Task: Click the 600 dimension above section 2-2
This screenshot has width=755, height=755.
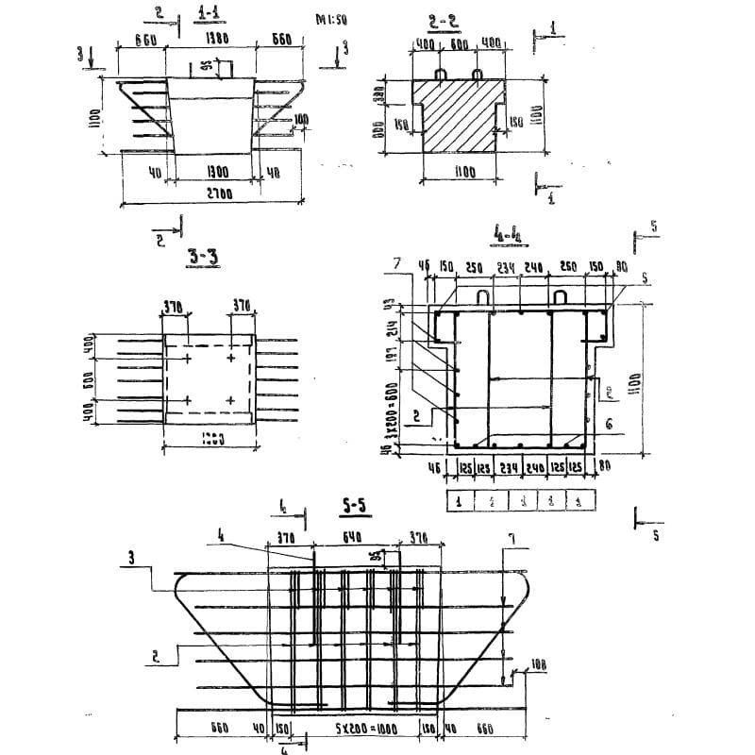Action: (x=460, y=44)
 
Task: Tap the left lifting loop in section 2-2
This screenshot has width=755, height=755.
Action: (x=441, y=74)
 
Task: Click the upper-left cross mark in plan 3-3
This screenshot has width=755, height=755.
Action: (x=188, y=359)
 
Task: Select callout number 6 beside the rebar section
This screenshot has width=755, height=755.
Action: (x=609, y=426)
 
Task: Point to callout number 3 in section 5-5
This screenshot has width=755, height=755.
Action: (x=131, y=558)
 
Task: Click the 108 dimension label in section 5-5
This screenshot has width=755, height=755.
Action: (x=537, y=665)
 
